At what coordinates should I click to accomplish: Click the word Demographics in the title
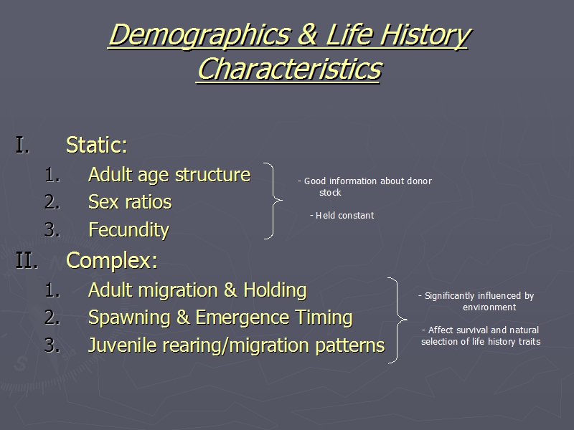[x=200, y=35]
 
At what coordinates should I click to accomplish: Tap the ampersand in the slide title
[x=308, y=34]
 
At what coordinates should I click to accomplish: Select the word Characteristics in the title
[x=290, y=68]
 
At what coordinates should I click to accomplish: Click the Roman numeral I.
[x=22, y=145]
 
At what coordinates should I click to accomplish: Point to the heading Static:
[x=97, y=145]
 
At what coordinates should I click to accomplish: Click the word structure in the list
[x=212, y=174]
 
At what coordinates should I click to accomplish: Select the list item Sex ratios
[x=130, y=202]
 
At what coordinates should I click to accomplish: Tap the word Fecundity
[x=129, y=230]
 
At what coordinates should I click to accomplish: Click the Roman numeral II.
[x=27, y=260]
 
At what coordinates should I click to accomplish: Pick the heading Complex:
[x=112, y=260]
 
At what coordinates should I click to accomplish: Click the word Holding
[x=275, y=290]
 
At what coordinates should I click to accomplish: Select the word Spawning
[x=130, y=317]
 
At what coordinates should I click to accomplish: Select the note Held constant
[x=342, y=216]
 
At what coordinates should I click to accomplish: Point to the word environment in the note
[x=489, y=307]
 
